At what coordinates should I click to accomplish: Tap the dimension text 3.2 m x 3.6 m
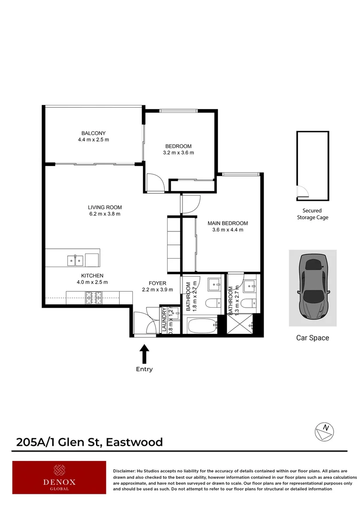tap(178, 152)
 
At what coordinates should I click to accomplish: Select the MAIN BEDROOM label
tap(228, 223)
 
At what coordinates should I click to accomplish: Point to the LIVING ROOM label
tap(104, 207)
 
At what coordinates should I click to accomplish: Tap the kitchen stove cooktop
tap(93, 297)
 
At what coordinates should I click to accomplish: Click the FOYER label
tap(158, 283)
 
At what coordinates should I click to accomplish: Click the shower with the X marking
tap(240, 325)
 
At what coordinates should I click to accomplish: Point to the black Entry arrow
tap(144, 353)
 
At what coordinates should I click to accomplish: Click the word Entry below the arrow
tap(144, 369)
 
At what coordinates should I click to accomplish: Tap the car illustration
tap(312, 287)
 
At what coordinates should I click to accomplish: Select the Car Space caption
tap(312, 338)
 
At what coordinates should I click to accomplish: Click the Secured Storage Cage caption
tap(312, 214)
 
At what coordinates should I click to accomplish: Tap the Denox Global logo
tap(59, 477)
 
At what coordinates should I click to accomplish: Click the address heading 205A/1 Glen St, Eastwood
tap(89, 442)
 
